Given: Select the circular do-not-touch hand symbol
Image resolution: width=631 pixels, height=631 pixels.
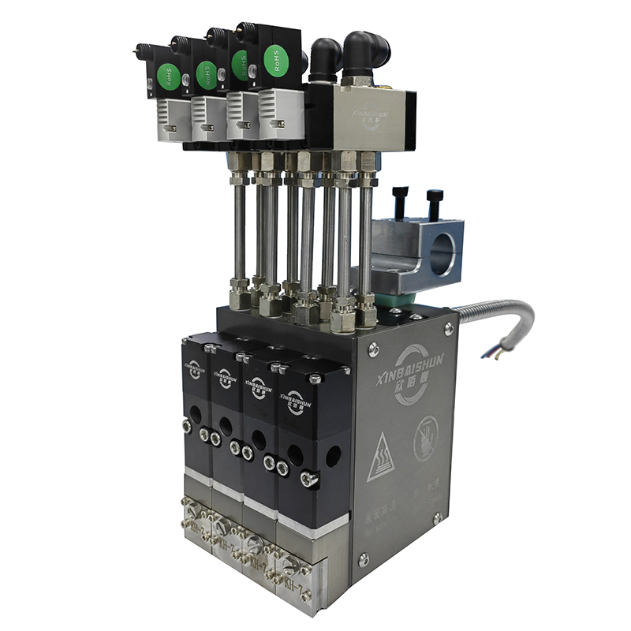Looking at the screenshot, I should click(427, 437).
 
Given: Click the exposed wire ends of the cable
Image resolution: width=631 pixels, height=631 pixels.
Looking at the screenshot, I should click(495, 353).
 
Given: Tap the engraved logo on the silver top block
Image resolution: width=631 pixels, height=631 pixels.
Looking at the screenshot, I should click(371, 112).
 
